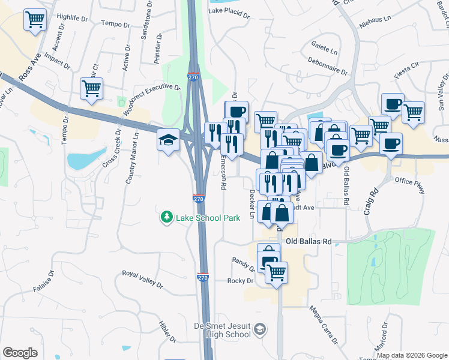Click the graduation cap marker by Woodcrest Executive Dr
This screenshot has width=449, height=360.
click(169, 140)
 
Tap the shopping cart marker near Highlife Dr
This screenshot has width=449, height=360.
click(35, 20)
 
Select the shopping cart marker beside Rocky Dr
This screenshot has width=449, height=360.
click(276, 273)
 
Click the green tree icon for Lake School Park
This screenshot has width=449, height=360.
click(166, 217)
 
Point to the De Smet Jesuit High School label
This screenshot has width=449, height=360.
click(221, 329)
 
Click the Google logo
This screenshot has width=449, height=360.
click(20, 353)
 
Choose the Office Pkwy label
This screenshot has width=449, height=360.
click(410, 185)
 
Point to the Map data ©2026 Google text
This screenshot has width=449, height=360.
click(411, 355)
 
